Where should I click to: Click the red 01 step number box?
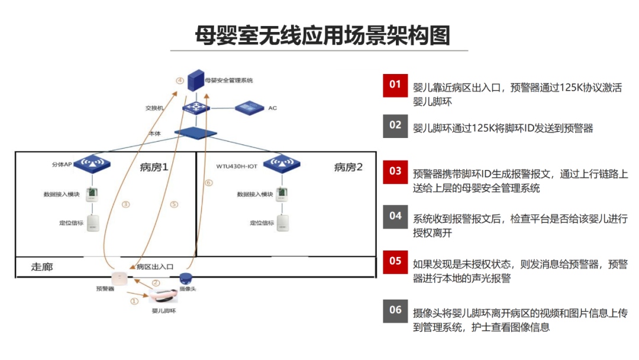point(395,85)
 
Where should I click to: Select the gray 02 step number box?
point(395,126)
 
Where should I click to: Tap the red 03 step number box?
point(395,172)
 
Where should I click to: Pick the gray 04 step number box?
point(395,217)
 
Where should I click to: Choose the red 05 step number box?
point(395,262)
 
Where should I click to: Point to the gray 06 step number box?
point(395,311)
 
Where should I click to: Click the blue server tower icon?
point(196,81)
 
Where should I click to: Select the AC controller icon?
point(250,108)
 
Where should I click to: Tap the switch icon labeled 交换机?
point(196,108)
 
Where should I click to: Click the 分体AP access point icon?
point(92,164)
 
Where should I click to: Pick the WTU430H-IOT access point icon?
point(282,164)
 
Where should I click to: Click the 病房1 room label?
point(154,167)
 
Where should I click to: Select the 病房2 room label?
point(348,167)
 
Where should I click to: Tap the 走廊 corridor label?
point(42,267)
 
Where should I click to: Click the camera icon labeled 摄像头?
point(186,278)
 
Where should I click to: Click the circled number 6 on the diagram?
point(209,182)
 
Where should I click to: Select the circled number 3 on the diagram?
point(126,204)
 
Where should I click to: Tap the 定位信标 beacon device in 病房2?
point(283,223)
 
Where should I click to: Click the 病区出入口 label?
point(155,267)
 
